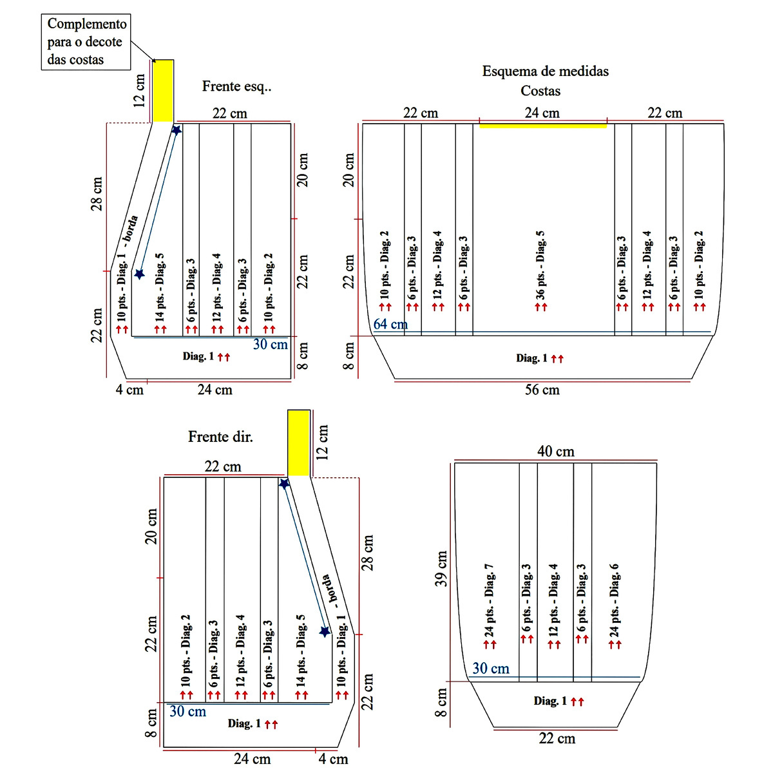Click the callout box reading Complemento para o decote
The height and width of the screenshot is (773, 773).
pos(87,42)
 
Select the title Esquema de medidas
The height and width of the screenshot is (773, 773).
pos(545,72)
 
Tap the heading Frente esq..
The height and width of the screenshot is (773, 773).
pos(236,86)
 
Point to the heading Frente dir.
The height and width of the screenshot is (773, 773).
pos(220,437)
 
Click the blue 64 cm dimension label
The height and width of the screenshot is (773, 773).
pos(390,324)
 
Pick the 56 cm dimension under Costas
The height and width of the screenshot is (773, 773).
pos(542,390)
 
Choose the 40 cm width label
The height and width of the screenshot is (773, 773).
pos(555,452)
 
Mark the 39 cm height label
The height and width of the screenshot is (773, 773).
pos(441,569)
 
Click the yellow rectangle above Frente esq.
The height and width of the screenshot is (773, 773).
pos(163,91)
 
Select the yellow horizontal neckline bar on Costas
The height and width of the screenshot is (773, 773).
pos(542,126)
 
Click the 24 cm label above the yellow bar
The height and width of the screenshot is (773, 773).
pos(542,113)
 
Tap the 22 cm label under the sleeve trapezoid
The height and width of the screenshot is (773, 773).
pos(557,739)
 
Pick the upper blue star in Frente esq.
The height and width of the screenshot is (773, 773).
pos(177,130)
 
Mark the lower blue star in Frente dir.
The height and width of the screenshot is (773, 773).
pos(325,631)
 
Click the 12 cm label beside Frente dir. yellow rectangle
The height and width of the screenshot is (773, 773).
pos(323,442)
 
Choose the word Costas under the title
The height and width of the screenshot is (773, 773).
pos(540,91)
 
